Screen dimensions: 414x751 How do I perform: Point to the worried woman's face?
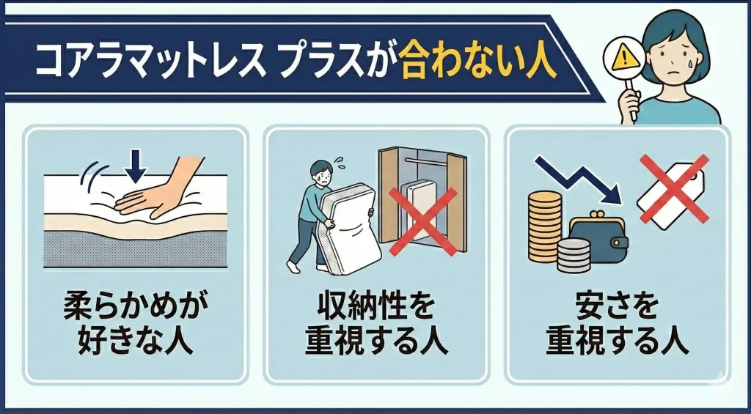point(678,59)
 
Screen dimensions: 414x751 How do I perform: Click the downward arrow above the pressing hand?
point(134,166)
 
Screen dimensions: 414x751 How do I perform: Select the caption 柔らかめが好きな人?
point(134,324)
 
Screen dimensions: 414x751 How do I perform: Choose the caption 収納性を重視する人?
point(375,324)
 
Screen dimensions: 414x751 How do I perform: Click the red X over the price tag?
point(673,189)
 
